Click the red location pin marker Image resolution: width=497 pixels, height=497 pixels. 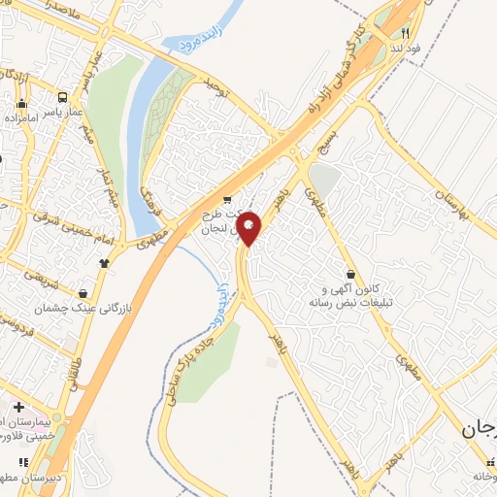[248, 229]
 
